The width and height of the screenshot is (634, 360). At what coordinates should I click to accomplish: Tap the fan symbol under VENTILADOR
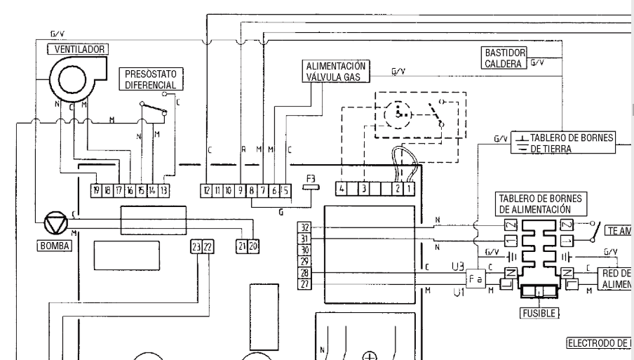(72, 79)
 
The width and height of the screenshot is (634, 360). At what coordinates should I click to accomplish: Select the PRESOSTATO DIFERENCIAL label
(150, 79)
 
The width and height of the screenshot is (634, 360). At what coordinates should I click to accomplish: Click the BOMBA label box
(55, 246)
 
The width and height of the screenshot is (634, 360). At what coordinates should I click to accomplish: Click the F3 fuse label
(314, 178)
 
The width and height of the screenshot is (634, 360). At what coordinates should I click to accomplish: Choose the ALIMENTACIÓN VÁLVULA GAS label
(335, 72)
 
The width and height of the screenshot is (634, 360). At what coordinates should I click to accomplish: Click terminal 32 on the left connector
(304, 227)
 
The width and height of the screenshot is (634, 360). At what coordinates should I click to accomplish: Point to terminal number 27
(304, 284)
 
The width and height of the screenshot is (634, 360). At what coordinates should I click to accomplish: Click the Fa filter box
(476, 278)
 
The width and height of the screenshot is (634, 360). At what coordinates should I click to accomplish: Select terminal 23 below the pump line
(196, 246)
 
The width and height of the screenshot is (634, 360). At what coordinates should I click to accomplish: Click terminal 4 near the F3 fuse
(342, 189)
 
